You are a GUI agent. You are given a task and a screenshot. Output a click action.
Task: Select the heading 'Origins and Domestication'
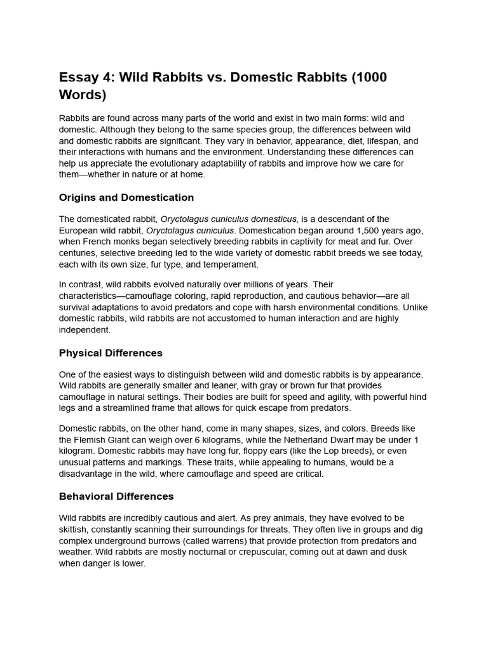tap(126, 197)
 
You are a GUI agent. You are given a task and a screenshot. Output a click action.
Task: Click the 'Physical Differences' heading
tap(111, 353)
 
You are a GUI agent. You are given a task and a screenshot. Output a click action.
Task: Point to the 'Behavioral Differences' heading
tap(116, 496)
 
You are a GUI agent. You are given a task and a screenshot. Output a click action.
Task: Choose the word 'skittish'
tap(74, 530)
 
